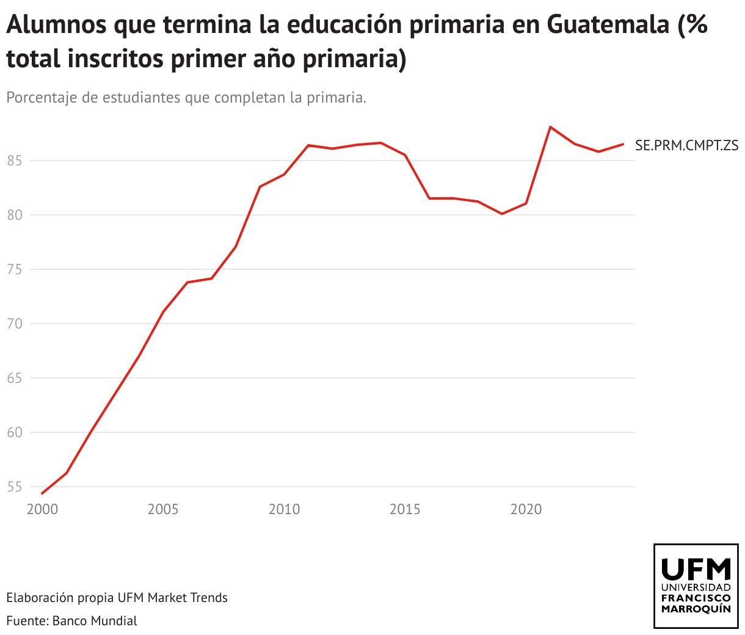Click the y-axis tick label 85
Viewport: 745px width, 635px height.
click(x=15, y=161)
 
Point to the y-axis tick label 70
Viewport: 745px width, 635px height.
click(x=15, y=324)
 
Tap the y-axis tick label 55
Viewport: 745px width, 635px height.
click(x=15, y=487)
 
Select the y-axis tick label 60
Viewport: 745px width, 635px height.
click(x=15, y=433)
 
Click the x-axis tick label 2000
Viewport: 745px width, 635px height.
click(x=42, y=509)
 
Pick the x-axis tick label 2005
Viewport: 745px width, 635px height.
click(x=163, y=509)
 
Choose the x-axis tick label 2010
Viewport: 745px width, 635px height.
click(x=284, y=509)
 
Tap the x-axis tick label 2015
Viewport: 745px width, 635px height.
click(x=405, y=509)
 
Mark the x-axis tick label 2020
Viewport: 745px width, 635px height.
click(x=526, y=509)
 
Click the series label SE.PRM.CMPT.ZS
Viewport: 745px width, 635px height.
click(x=686, y=145)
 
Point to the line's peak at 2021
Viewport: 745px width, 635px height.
click(x=550, y=127)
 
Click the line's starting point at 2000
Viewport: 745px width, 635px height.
click(x=42, y=493)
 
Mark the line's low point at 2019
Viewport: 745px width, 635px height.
click(x=502, y=214)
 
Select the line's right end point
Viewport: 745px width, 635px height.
click(x=623, y=144)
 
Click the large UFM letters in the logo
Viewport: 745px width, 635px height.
click(x=696, y=569)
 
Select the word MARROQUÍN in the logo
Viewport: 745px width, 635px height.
click(x=696, y=609)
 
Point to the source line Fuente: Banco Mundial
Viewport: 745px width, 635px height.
click(x=72, y=621)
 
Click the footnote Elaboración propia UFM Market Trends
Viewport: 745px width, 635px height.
click(x=117, y=598)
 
